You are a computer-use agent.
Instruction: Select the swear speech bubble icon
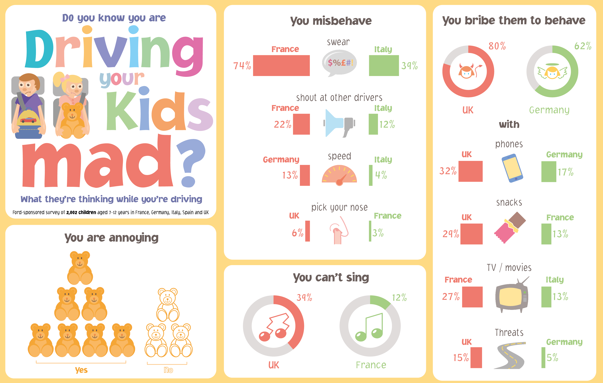point(339,63)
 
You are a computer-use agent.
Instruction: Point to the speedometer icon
point(339,175)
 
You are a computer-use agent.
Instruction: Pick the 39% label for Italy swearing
point(409,66)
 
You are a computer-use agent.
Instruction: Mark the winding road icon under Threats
point(510,355)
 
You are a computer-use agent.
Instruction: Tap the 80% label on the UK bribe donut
point(497,46)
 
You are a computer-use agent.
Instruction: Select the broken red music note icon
point(274,327)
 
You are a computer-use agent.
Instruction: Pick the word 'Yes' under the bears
point(81,370)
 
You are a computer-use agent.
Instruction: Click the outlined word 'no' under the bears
point(168,370)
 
